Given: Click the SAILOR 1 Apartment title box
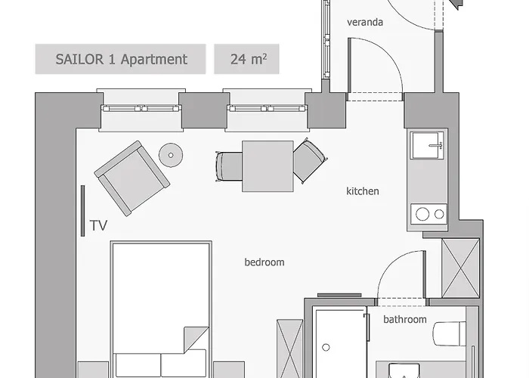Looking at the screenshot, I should click(121, 59).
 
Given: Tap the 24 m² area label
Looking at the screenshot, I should click(246, 59).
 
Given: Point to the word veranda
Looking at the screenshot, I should click(365, 22).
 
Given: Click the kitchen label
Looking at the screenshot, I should click(363, 191).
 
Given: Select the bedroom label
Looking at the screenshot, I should click(264, 262).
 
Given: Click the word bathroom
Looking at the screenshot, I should click(404, 320).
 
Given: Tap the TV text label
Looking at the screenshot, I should click(98, 225).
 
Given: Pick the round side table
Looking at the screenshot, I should click(172, 156).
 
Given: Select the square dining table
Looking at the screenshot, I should click(267, 166).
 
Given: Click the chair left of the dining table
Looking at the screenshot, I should click(229, 164).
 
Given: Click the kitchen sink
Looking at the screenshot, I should click(427, 146).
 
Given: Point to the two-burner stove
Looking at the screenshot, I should click(428, 214).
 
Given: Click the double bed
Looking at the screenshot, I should click(159, 310).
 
